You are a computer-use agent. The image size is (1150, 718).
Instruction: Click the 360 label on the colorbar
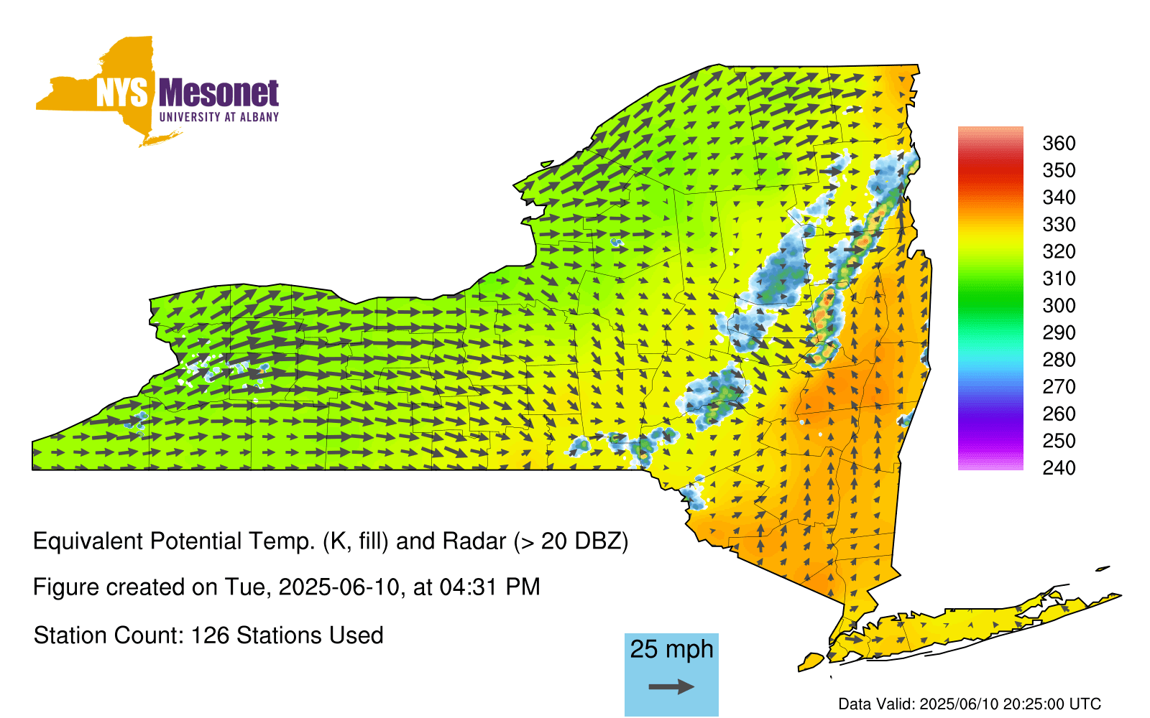(x=1059, y=143)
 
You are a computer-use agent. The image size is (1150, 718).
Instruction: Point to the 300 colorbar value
(x=1059, y=306)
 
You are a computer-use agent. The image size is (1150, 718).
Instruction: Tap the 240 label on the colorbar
(x=1059, y=467)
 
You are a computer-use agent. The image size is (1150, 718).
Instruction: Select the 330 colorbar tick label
(x=1059, y=225)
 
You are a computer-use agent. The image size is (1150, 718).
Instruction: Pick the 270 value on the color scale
(x=1059, y=387)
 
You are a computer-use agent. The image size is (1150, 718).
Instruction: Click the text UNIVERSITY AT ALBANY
(x=218, y=117)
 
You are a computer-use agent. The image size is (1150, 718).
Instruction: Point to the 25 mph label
(x=671, y=650)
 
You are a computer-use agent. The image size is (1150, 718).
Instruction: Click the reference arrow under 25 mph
(x=671, y=686)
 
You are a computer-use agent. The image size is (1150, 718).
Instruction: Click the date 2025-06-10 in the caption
(x=339, y=587)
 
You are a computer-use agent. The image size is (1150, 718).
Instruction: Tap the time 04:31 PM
(x=489, y=587)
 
